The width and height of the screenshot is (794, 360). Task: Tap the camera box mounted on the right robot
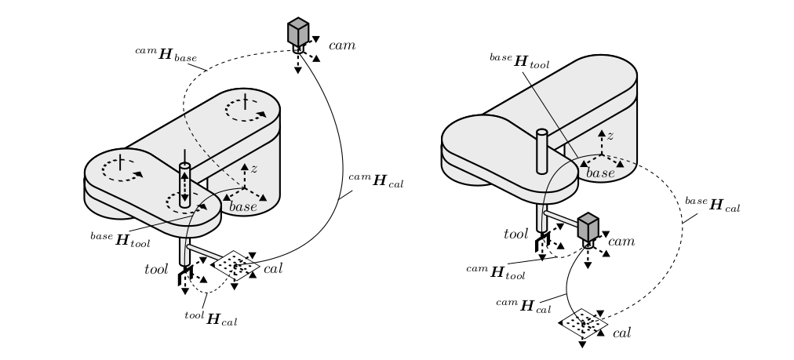click(x=588, y=227)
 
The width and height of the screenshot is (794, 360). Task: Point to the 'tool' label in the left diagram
click(x=157, y=269)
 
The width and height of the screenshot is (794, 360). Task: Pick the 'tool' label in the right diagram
click(x=515, y=234)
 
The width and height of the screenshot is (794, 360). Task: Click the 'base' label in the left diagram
click(x=243, y=206)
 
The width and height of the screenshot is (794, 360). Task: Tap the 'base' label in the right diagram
click(x=600, y=172)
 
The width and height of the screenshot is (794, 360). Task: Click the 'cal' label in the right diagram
click(x=621, y=333)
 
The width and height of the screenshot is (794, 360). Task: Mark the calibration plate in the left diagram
click(x=235, y=265)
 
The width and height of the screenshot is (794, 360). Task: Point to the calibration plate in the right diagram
click(x=584, y=322)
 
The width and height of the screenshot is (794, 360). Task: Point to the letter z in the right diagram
click(x=610, y=136)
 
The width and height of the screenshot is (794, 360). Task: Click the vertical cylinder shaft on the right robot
click(x=541, y=151)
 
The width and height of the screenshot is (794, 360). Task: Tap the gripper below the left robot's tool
click(x=186, y=277)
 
